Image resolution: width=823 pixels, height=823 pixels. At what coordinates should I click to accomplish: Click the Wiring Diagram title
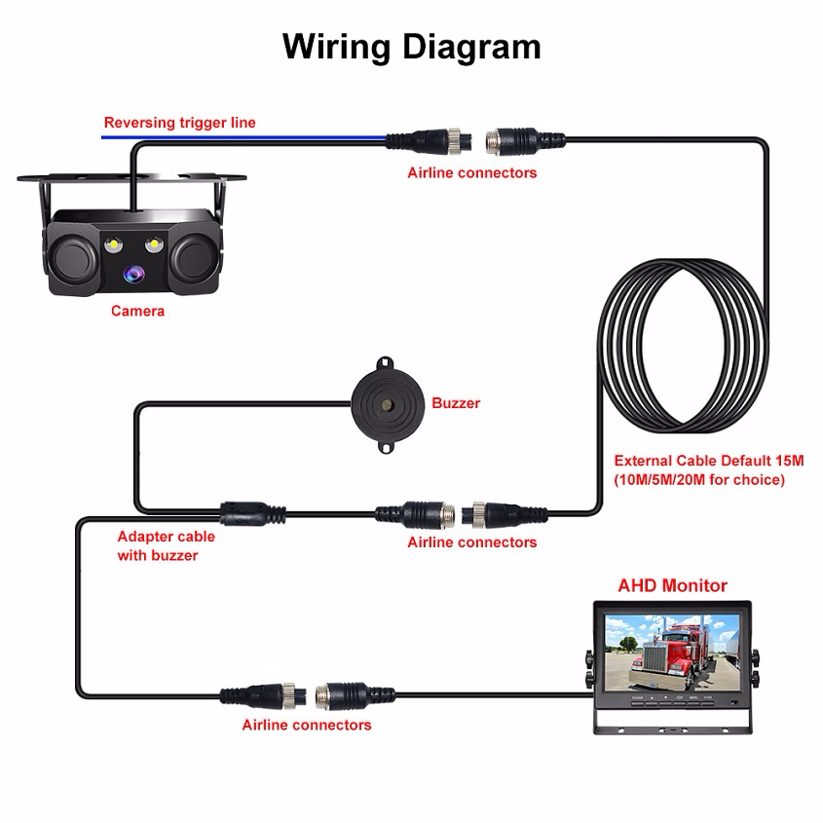[x=411, y=46]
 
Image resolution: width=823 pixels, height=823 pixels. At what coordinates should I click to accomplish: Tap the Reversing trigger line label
[x=179, y=122]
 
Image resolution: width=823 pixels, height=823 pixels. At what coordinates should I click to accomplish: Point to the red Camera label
[x=137, y=311]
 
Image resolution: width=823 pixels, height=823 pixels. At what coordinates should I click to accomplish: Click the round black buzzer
[x=387, y=401]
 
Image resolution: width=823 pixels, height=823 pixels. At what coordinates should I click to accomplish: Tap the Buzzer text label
[x=456, y=402]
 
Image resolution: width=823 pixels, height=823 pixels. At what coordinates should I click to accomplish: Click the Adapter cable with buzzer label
[x=166, y=545]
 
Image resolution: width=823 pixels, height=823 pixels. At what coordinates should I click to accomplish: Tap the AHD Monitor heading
[x=672, y=585]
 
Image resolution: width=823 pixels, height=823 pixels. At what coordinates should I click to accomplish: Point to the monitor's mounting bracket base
[x=672, y=723]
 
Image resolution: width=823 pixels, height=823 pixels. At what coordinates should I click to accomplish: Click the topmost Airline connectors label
[x=471, y=172]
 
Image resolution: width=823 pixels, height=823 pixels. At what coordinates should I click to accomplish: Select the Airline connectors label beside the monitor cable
[x=307, y=725]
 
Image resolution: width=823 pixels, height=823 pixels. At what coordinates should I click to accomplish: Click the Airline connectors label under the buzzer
[x=471, y=542]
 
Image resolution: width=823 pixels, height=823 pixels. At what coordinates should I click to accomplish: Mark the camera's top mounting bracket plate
[x=131, y=179]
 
